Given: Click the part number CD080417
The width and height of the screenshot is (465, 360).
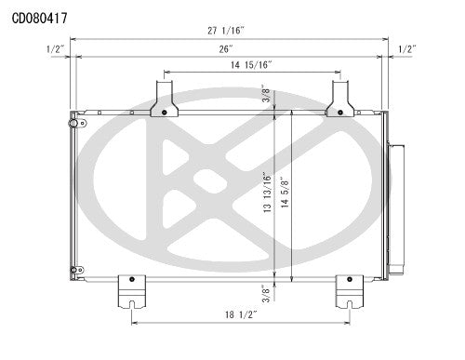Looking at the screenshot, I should coord(39,17).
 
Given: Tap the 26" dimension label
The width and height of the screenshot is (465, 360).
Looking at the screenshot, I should coord(226,48).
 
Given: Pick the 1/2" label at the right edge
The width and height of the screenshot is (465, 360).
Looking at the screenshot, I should coord(406,48).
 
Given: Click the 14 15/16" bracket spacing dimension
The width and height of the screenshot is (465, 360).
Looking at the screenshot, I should coord(252,65).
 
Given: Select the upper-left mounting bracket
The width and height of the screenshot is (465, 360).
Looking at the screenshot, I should coord(164,99).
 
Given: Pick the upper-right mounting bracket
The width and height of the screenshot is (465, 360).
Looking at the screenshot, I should coord(340,99).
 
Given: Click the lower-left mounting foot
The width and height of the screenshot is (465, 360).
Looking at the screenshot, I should coord(132,292).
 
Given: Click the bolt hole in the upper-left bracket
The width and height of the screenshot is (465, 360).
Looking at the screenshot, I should coord(164,112).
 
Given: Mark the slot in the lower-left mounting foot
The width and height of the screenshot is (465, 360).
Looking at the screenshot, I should coord(133,301).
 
